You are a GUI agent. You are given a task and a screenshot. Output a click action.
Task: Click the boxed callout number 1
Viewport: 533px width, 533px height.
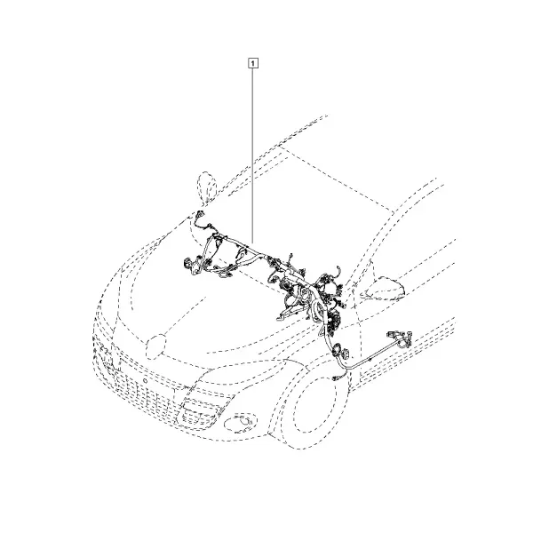click(x=252, y=63)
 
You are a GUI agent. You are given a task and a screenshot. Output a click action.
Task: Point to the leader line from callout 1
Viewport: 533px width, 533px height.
click(x=252, y=155)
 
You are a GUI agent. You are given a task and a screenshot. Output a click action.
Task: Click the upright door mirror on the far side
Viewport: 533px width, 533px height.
click(x=207, y=187)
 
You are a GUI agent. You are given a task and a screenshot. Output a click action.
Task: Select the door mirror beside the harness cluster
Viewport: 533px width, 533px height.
click(x=386, y=289)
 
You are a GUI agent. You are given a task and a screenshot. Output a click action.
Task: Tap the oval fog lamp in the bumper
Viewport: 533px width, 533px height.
click(x=241, y=424)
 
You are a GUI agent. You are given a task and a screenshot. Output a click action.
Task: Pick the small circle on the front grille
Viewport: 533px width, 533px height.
click(x=145, y=380)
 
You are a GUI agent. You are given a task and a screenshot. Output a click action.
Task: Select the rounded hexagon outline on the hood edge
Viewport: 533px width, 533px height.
click(x=155, y=347)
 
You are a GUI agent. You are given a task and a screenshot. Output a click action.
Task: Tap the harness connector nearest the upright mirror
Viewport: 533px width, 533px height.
click(x=199, y=214)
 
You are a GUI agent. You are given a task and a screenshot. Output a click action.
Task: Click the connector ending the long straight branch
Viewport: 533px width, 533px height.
click(x=400, y=338)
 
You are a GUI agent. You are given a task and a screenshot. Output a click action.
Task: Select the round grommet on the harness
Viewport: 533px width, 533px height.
click(x=338, y=350)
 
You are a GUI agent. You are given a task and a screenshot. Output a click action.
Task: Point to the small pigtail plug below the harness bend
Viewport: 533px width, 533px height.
click(x=337, y=378)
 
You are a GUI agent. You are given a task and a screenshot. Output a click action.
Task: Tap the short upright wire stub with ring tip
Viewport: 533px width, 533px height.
click(x=291, y=259)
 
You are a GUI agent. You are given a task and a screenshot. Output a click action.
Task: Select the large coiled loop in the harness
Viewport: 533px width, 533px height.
click(x=315, y=308)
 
